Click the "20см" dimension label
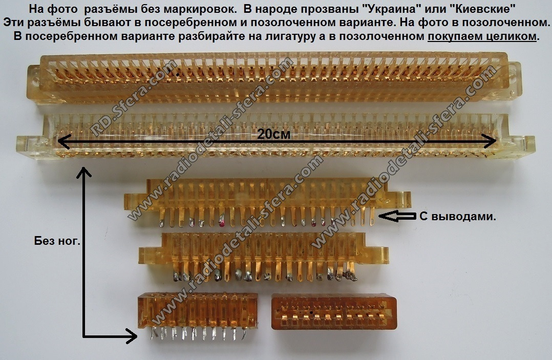pos(273,134)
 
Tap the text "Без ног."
pos(57,241)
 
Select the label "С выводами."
pos(458,217)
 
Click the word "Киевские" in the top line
pos(480,8)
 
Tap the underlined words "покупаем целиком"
pos(482,36)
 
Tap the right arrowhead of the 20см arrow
pos(490,141)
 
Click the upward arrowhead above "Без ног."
pos(84,172)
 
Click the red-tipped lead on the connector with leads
pos(222,221)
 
